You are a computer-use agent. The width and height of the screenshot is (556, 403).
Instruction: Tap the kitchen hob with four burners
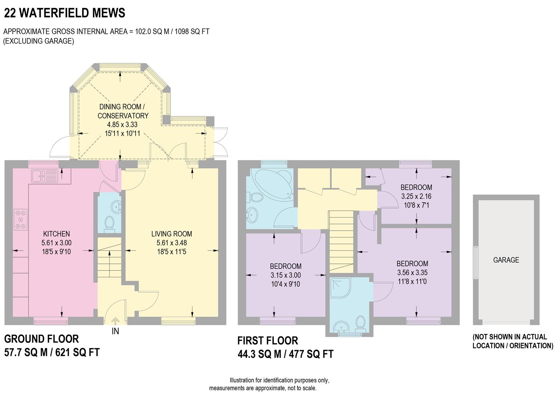pos(21,219)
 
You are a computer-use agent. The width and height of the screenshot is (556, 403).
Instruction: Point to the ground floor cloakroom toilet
pos(109,224)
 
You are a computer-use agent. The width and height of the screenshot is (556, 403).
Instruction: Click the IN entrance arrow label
pos(115,331)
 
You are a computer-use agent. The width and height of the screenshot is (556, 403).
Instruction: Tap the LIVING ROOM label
pos(172,234)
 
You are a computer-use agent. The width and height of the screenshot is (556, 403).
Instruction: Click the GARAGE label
pos(506,260)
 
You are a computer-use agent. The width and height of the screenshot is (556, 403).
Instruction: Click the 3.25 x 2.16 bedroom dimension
pos(416,196)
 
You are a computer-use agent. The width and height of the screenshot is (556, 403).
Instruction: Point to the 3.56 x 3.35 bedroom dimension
pos(412,272)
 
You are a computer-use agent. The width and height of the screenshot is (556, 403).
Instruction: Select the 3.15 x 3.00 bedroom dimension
pos(286,275)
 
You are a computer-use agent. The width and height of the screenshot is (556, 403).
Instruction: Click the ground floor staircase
pos(109,261)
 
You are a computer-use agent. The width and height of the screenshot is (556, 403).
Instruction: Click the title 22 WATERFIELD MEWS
pos(65,13)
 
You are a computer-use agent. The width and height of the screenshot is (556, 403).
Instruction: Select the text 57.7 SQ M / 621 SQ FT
pos(52,352)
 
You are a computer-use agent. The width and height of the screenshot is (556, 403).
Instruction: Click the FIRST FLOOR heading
pos(268,341)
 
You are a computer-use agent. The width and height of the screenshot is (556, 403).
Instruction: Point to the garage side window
pos(475,262)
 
